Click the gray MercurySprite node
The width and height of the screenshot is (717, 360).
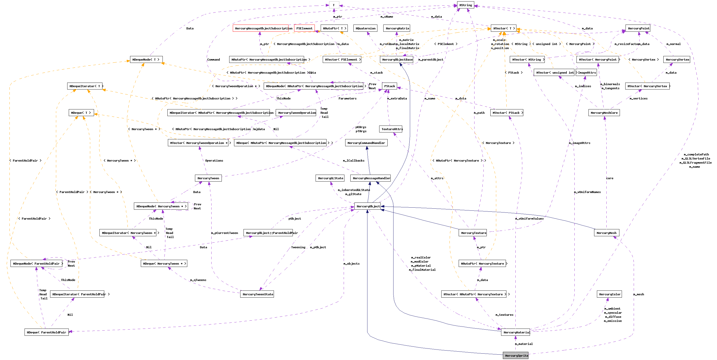tap(515, 356)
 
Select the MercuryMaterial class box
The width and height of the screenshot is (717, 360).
tap(515, 332)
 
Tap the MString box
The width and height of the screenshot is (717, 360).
tap(465, 5)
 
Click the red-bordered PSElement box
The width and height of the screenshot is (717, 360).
tap(304, 28)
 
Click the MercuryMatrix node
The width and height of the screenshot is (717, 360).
tap(397, 28)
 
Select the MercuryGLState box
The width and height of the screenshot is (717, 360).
tap(330, 178)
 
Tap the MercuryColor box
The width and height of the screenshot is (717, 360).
tap(609, 294)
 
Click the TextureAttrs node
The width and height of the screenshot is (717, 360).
tap(391, 129)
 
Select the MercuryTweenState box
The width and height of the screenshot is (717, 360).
tap(257, 294)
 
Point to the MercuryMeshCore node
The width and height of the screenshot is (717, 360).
tap(604, 113)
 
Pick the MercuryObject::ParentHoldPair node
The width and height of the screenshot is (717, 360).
tap(268, 233)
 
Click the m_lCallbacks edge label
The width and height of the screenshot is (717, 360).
tap(353, 161)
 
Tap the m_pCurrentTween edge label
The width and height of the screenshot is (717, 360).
tap(224, 233)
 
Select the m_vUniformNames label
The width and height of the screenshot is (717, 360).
tap(587, 192)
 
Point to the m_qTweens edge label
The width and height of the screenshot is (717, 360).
tap(198, 280)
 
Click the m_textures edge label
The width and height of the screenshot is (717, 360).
tap(504, 315)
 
